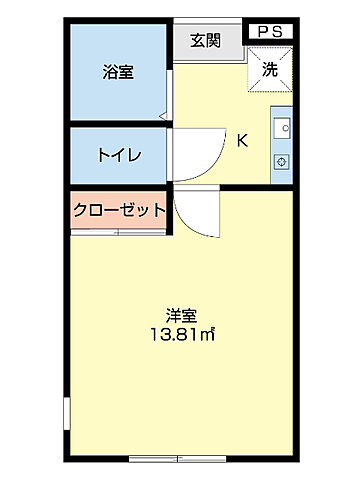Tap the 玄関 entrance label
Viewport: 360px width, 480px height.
[x=205, y=41]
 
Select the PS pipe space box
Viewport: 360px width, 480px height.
[x=269, y=32]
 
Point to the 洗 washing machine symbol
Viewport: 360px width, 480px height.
[x=271, y=69]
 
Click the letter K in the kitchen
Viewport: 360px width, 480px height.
[x=242, y=140]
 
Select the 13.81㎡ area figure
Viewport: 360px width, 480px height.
[x=182, y=335]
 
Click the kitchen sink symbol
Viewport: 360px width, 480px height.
[x=283, y=129]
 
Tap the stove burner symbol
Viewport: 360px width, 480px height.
[x=283, y=160]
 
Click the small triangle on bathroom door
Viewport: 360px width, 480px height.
[x=162, y=116]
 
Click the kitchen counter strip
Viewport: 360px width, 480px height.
[x=283, y=145]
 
